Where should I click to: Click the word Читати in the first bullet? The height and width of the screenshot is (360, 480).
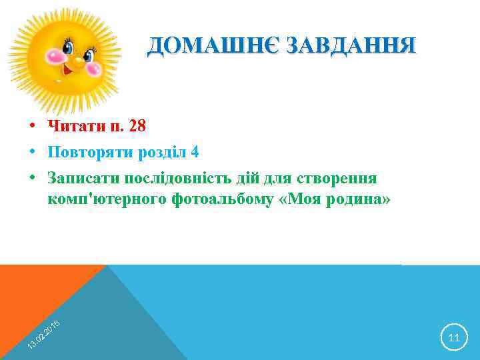pos(73,126)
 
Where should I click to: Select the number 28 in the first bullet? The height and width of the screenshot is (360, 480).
pos(137,126)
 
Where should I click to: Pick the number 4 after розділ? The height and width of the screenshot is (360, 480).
pos(195,152)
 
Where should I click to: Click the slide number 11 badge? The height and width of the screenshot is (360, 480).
pos(454,337)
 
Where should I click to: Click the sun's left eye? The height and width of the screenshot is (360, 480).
pos(67,47)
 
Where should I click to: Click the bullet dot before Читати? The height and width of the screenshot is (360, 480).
pos(32,126)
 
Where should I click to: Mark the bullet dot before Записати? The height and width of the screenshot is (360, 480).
pos(32,179)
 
